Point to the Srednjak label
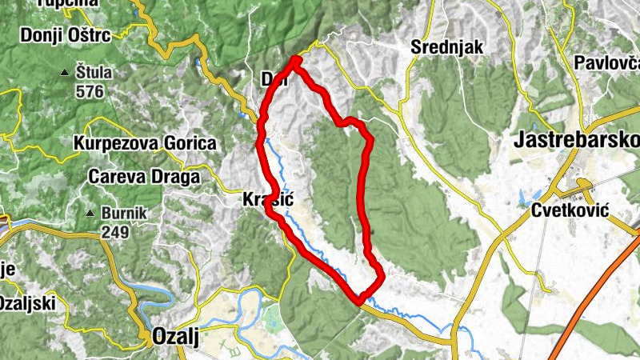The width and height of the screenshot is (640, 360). pos(447,47)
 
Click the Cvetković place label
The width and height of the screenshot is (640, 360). pos(570,210)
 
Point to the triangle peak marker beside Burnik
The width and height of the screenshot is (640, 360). pos(90,214)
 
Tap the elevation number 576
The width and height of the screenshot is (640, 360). pos(90,91)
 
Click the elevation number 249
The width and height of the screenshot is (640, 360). pos(116,232)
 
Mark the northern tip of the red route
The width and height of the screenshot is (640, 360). pos(297,60)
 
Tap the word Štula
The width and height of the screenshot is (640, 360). pos(94,73)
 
